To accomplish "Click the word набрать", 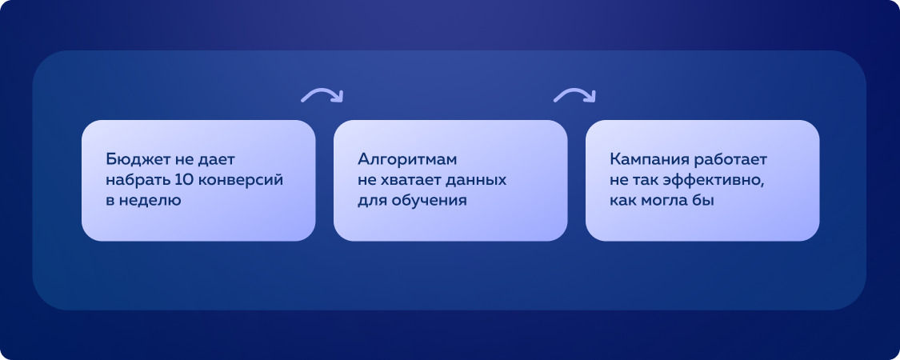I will click(x=133, y=180).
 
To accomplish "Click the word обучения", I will click(x=429, y=201).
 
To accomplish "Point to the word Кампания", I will click(x=646, y=159).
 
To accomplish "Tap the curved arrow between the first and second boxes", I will click(x=322, y=95).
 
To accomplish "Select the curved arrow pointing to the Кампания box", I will click(x=574, y=95).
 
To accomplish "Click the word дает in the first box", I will click(x=218, y=159).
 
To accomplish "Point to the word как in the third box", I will click(x=622, y=201).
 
